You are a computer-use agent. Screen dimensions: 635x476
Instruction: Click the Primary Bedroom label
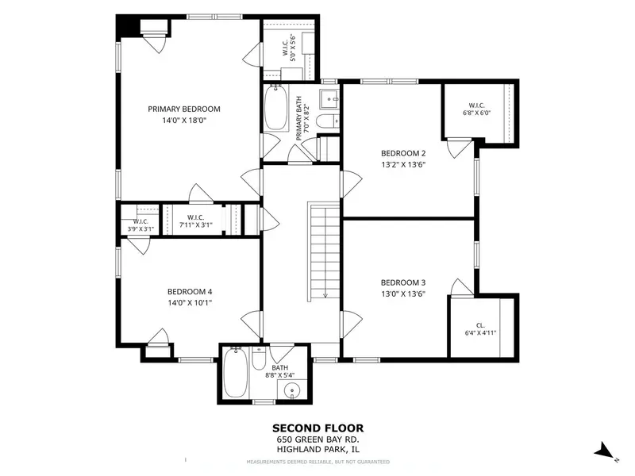coord(184,109)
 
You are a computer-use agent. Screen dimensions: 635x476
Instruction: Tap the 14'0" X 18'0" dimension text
coord(184,121)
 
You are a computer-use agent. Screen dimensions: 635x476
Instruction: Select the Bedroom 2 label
coord(403,153)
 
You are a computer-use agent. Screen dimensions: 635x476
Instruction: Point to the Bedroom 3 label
coord(403,283)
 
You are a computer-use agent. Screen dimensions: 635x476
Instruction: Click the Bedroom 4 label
coord(190,292)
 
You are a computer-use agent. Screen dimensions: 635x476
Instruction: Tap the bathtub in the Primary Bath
coord(276,108)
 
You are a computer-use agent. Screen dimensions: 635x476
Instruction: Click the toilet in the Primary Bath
coord(327,121)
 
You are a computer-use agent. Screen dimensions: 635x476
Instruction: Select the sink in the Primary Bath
coord(329,98)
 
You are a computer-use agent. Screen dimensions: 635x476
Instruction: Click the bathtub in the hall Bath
coord(235,373)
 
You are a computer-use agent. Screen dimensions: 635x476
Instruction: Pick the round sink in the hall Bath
coord(291,391)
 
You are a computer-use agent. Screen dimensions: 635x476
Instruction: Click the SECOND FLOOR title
coord(318,428)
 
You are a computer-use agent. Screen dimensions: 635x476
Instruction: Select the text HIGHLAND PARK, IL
coord(318,449)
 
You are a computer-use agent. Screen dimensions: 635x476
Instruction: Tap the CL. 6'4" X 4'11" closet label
coord(480,329)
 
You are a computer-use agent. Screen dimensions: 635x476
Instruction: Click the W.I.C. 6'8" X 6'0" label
coord(477,109)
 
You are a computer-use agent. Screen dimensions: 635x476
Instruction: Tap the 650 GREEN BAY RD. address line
coord(318,440)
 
